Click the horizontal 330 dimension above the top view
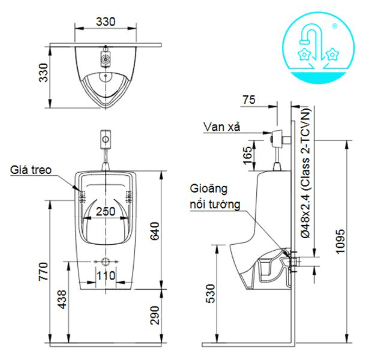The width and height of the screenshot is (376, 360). coord(105,21)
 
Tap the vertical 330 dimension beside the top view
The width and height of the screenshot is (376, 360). coord(44,73)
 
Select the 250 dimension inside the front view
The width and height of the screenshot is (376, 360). coord(105,211)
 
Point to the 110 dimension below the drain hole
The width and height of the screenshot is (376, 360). coord(105,275)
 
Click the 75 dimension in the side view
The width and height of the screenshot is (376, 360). coord(249,99)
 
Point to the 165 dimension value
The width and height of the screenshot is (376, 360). coord(248,155)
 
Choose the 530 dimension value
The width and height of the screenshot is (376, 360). coord(213,294)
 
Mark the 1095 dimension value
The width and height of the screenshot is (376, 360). coord(340,241)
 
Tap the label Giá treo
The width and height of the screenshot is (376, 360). coord(30,170)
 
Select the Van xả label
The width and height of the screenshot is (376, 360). coord(222,127)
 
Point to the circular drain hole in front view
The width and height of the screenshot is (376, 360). coord(105,262)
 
